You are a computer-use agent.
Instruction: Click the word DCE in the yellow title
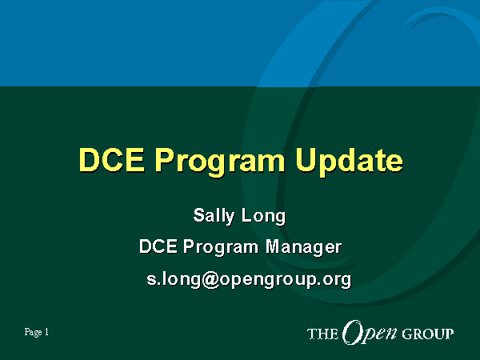click(x=111, y=160)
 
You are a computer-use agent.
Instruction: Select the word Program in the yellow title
click(x=220, y=162)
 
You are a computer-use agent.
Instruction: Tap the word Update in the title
click(x=350, y=162)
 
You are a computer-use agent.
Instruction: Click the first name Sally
click(x=214, y=216)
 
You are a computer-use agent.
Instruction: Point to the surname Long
click(x=263, y=217)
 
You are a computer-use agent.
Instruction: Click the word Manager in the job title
click(x=303, y=247)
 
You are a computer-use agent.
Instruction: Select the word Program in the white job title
click(x=221, y=247)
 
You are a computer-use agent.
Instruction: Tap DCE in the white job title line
click(x=158, y=246)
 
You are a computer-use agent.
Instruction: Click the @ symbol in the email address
click(x=210, y=279)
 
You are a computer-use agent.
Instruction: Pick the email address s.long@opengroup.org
click(x=249, y=280)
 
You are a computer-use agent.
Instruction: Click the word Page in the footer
click(x=33, y=333)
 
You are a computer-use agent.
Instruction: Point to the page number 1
click(x=46, y=332)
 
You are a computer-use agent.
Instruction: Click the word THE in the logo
click(x=322, y=334)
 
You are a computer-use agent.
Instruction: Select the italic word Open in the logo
click(x=370, y=333)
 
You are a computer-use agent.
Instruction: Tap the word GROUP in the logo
click(x=428, y=334)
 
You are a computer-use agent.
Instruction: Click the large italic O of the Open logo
click(x=352, y=332)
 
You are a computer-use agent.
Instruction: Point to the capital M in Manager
click(x=274, y=246)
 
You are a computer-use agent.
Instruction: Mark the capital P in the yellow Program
click(x=165, y=160)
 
